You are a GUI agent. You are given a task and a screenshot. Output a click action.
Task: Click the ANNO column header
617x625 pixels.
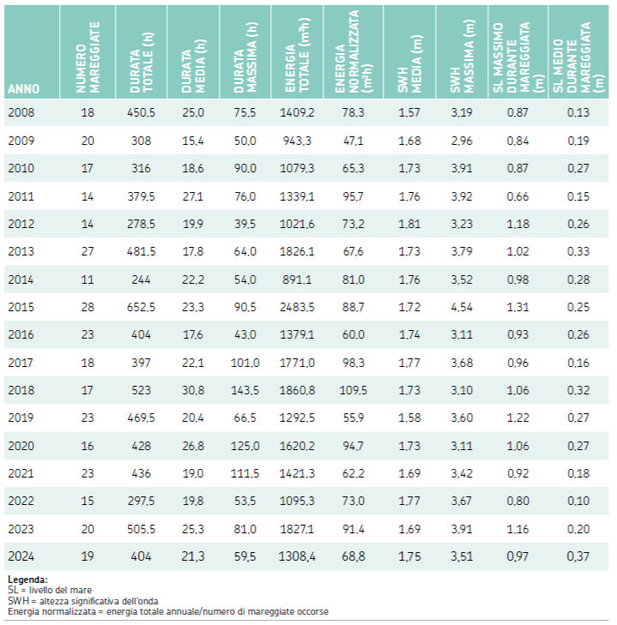pyautogui.click(x=23, y=88)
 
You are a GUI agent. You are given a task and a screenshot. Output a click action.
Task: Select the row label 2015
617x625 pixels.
pyautogui.click(x=21, y=307)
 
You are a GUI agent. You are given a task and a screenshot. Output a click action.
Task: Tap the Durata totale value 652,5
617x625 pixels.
pyautogui.click(x=141, y=307)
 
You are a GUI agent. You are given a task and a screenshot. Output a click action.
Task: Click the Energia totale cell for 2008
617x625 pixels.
pyautogui.click(x=297, y=112)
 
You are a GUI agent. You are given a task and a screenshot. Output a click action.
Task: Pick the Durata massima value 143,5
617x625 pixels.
pyautogui.click(x=245, y=390)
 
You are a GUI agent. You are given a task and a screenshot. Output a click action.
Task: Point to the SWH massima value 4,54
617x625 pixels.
pyautogui.click(x=462, y=307)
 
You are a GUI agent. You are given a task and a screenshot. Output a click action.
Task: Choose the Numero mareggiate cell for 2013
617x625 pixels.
pyautogui.click(x=88, y=251)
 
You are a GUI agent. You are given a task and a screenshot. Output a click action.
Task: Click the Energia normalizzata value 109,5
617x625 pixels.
pyautogui.click(x=354, y=390)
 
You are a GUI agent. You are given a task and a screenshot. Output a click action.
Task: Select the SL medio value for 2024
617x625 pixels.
pyautogui.click(x=578, y=556)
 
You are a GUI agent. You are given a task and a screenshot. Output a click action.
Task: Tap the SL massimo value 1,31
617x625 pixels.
pyautogui.click(x=517, y=307)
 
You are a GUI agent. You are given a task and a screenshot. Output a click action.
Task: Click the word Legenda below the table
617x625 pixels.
pyautogui.click(x=27, y=580)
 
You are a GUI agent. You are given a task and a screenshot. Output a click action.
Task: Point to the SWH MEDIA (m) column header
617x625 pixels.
pyautogui.click(x=409, y=64)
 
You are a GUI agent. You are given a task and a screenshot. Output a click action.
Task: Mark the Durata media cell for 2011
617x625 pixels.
pyautogui.click(x=193, y=196)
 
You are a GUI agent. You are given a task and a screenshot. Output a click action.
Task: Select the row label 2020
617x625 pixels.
pyautogui.click(x=21, y=446)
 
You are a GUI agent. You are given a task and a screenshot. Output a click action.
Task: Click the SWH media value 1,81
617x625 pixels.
pyautogui.click(x=409, y=224)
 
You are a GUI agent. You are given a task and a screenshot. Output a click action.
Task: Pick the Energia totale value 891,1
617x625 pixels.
pyautogui.click(x=297, y=279)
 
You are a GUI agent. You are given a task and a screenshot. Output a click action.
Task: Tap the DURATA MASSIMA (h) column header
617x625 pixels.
pyautogui.click(x=245, y=57)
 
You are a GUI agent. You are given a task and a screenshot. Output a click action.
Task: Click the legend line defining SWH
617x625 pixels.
pyautogui.click(x=83, y=601)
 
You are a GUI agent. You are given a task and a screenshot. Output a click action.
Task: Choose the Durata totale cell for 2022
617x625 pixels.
pyautogui.click(x=141, y=501)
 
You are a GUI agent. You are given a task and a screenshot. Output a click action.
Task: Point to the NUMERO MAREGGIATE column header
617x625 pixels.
pyautogui.click(x=88, y=57)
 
